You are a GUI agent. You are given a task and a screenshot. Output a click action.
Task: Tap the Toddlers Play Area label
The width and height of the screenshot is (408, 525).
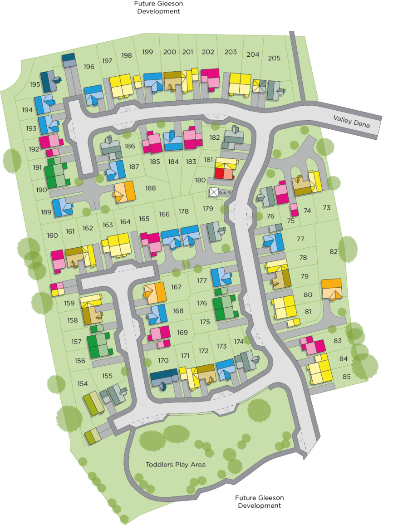click(x=176, y=465)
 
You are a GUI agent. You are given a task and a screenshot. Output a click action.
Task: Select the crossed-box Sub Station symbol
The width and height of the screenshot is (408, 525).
click(x=214, y=192)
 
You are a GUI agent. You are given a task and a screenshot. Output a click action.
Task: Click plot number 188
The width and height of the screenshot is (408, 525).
click(x=150, y=188)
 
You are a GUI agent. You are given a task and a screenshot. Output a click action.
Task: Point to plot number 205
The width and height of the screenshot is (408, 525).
click(x=274, y=58)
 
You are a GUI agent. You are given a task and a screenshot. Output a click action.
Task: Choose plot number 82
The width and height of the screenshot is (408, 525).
click(x=334, y=251)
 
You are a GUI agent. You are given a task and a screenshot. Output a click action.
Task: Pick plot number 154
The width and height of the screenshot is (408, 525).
click(x=82, y=384)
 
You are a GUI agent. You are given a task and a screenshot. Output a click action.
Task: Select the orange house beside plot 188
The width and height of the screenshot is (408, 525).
click(x=125, y=191)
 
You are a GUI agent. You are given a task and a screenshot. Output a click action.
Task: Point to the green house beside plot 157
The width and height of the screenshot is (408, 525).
click(x=98, y=346)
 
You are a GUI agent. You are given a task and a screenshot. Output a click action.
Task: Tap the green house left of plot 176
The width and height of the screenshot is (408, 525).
click(x=225, y=308)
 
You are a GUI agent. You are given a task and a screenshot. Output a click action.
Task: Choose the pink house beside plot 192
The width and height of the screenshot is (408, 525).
click(x=50, y=142)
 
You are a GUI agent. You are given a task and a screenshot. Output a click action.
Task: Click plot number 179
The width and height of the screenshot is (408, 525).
click(x=208, y=209)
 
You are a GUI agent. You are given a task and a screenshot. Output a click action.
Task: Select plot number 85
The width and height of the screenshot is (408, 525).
click(x=347, y=376)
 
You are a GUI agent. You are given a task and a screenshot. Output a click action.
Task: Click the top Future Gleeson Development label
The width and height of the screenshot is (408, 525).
click(x=158, y=8)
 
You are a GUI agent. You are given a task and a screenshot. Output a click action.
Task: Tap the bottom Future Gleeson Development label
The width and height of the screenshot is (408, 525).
click(x=259, y=501)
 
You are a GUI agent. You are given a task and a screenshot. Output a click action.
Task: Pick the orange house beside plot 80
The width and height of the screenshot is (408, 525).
click(x=332, y=289)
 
